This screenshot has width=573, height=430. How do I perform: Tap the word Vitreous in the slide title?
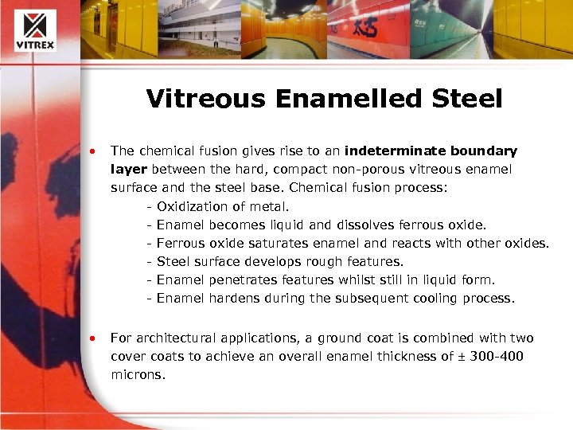click(201, 99)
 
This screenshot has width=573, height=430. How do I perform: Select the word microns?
click(137, 373)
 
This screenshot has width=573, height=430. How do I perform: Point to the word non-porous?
click(368, 169)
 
